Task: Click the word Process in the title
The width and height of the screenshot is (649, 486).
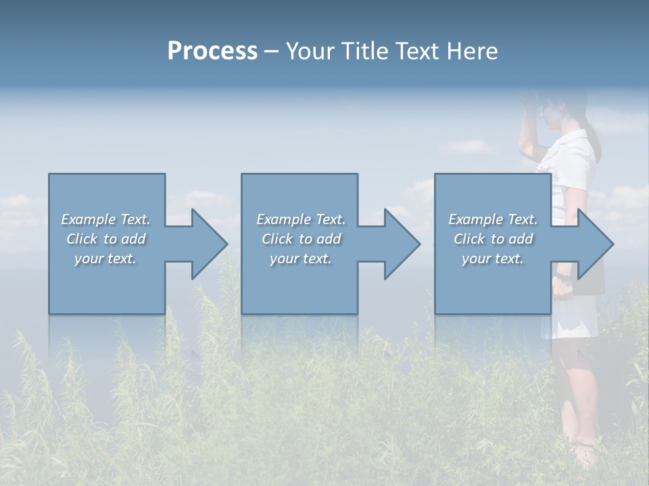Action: click(x=212, y=51)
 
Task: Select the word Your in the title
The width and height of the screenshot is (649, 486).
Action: click(x=308, y=51)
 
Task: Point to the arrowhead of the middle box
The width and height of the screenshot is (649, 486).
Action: click(x=402, y=244)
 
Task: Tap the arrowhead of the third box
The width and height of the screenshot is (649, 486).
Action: click(x=595, y=244)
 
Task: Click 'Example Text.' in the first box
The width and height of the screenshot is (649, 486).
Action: click(x=105, y=219)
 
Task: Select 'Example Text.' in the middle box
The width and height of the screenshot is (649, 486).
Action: click(x=300, y=219)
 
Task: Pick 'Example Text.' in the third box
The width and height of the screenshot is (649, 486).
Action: click(x=493, y=219)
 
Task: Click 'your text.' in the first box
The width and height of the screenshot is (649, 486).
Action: click(x=105, y=259)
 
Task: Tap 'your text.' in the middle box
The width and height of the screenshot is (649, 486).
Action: click(x=300, y=259)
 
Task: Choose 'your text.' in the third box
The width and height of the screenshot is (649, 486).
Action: click(x=493, y=259)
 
